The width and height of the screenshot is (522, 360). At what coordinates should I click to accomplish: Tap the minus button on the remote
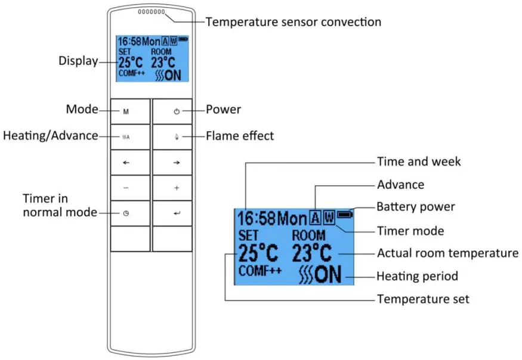(126, 188)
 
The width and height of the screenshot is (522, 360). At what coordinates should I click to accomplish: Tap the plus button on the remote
(176, 188)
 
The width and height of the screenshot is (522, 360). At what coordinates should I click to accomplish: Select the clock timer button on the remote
(126, 213)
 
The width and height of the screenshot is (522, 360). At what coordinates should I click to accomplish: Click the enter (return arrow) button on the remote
(176, 213)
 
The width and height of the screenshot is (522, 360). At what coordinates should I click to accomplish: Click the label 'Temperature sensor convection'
(293, 22)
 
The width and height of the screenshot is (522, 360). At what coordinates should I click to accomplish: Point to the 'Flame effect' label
(240, 136)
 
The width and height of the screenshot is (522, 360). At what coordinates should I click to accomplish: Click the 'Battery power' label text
(416, 207)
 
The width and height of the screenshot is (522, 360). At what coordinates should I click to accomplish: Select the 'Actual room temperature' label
(447, 253)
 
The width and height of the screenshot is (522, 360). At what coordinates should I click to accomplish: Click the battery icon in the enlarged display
(345, 214)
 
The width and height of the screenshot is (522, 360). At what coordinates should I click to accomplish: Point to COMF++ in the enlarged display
(260, 271)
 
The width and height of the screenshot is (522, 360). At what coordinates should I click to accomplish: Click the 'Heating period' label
(417, 277)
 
